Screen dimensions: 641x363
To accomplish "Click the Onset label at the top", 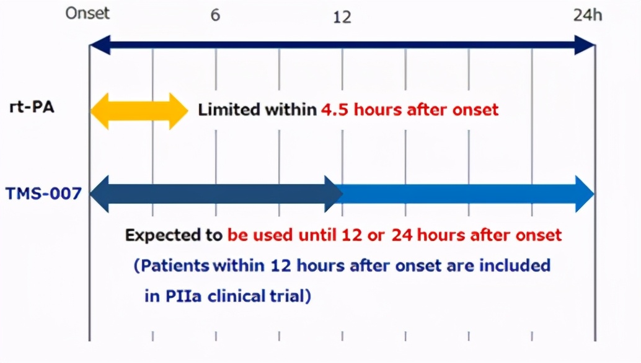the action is [87, 13].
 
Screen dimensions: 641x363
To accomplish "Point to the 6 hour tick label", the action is [216, 15].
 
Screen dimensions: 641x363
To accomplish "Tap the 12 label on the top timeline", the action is [342, 17].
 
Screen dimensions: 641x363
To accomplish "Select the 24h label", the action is [588, 15].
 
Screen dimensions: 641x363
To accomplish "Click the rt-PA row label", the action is [32, 107].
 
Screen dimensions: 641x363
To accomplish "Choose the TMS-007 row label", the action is [44, 193].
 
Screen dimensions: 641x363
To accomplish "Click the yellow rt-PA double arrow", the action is [139, 111].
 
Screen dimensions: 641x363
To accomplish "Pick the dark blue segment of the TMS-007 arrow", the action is [216, 194].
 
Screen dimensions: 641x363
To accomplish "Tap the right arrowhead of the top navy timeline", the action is [585, 45].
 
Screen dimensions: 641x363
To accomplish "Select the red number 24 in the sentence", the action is [402, 235].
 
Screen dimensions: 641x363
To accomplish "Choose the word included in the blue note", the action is [515, 265].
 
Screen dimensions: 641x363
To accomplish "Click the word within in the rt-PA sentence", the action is [291, 110].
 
